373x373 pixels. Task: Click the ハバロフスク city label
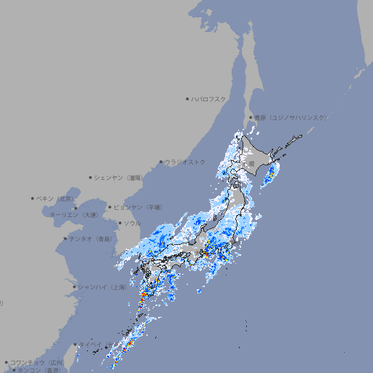(209, 98)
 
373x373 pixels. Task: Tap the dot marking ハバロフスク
(187, 98)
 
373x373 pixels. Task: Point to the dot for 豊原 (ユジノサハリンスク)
(251, 117)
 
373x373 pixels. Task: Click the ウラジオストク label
(185, 162)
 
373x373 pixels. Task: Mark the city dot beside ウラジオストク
(161, 162)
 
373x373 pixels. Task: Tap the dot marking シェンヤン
(91, 177)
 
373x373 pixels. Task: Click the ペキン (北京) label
(55, 198)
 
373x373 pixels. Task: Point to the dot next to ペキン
(33, 198)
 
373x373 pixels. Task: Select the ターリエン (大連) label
(74, 216)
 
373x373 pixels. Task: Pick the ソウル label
(132, 223)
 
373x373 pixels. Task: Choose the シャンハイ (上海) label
(102, 287)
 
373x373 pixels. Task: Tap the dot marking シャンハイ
(74, 287)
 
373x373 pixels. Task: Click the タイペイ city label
(91, 345)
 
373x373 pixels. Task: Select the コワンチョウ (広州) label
(37, 362)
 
